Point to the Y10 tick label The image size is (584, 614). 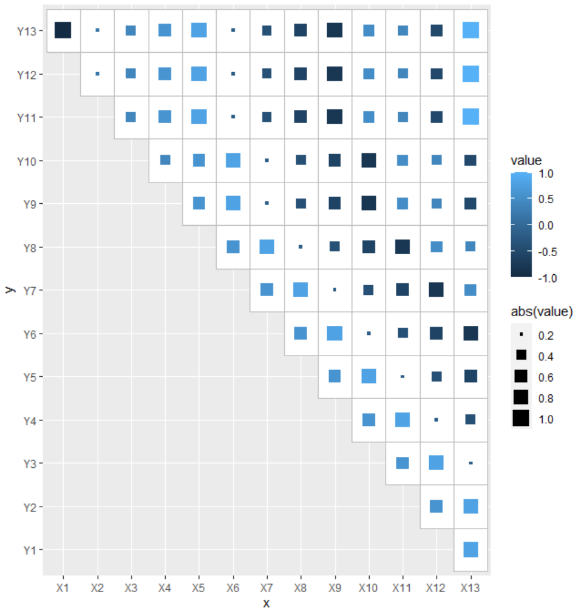pos(27,161)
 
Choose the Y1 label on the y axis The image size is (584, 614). pos(29,550)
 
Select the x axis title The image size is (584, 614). pos(267,603)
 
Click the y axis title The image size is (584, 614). pos(9,290)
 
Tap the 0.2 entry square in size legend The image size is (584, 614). pos(521,334)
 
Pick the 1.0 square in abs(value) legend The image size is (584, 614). pos(521,419)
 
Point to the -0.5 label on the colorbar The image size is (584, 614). pos(546,252)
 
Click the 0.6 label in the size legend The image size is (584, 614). pos(546,377)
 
